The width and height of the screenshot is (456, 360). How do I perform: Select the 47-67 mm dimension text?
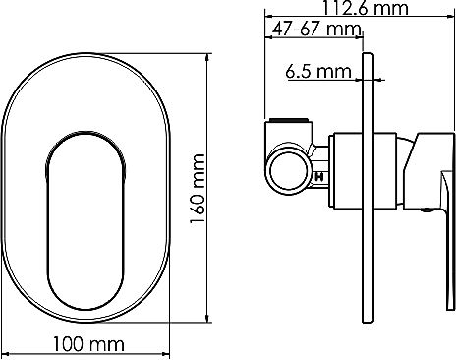click(313, 29)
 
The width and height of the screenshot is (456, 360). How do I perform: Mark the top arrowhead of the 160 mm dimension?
click(209, 55)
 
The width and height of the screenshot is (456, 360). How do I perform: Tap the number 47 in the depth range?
click(281, 29)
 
